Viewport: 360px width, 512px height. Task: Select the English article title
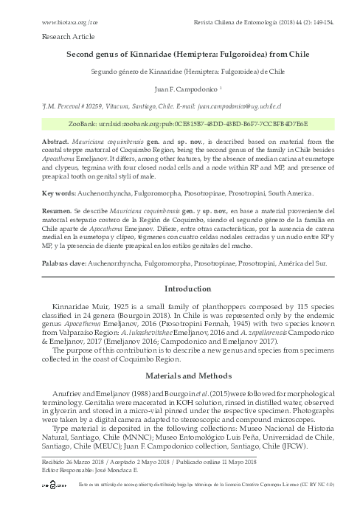click(179, 55)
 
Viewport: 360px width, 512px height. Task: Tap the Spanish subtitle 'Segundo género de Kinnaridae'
click(179, 72)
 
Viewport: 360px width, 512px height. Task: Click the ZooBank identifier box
click(180, 123)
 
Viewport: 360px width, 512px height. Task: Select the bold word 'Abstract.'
click(56, 139)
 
